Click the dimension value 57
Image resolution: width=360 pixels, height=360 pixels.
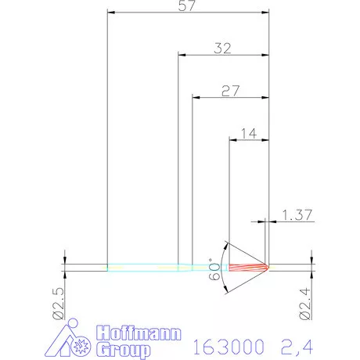click(x=186, y=6)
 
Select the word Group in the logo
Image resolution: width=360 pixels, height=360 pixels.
click(x=123, y=350)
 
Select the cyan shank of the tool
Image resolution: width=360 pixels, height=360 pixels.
click(x=149, y=268)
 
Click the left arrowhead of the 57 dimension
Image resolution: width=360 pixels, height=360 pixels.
click(x=110, y=13)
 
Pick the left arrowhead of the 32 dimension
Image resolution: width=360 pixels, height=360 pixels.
click(x=182, y=55)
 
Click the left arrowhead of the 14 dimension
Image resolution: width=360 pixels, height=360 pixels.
click(x=232, y=140)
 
